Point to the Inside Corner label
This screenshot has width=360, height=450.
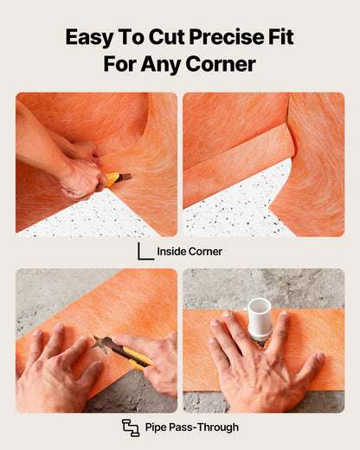[190, 252]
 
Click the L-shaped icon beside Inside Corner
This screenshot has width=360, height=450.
[145, 251]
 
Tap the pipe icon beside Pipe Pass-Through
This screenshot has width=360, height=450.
[131, 427]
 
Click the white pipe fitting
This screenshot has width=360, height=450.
[260, 318]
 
